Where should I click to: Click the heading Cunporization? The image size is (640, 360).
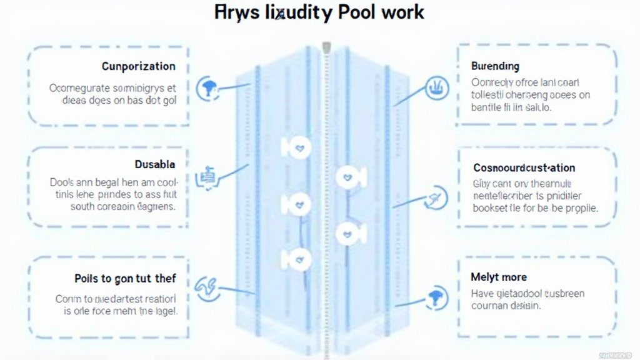(138, 66)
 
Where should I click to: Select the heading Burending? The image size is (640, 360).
(495, 66)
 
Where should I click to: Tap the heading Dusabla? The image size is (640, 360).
(155, 164)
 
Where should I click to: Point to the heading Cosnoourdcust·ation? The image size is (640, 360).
(524, 167)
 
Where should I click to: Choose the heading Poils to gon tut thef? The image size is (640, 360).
(125, 278)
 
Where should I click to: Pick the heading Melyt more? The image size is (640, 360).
(499, 277)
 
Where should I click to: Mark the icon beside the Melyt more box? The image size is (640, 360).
(435, 297)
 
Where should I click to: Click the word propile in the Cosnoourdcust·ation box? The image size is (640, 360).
(582, 208)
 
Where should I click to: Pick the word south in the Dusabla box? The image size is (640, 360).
(84, 206)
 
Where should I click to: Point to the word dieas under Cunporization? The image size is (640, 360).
(76, 100)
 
